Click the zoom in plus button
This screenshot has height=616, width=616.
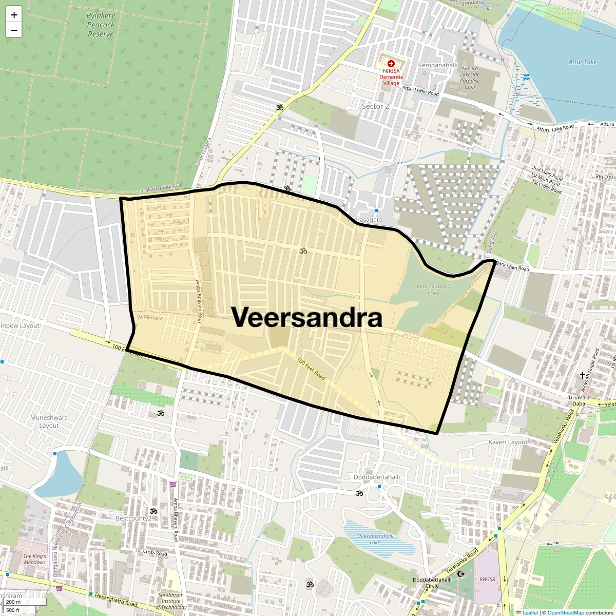coord(14,15)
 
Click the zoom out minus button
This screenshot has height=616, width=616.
coord(14,30)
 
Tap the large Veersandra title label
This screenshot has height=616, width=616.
coord(307,318)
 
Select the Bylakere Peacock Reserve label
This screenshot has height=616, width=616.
coord(101,25)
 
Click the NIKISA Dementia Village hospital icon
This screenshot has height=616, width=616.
coord(391,64)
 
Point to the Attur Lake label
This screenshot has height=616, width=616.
coord(583,62)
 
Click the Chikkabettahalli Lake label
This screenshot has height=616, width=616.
coord(375,539)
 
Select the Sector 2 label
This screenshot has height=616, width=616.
coord(375,106)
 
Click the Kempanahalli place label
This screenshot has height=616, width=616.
coord(437,65)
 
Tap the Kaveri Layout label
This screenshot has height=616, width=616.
coord(508,442)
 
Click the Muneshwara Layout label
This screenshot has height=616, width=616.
coord(49,421)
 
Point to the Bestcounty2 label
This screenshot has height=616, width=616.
coord(133,518)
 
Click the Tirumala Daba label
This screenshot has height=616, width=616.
coord(579,400)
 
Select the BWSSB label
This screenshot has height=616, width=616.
coord(487,580)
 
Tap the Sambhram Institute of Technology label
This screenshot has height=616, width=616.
coord(171,601)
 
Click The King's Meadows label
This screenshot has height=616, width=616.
coord(34,559)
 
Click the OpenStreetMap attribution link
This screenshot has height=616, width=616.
coord(566,612)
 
